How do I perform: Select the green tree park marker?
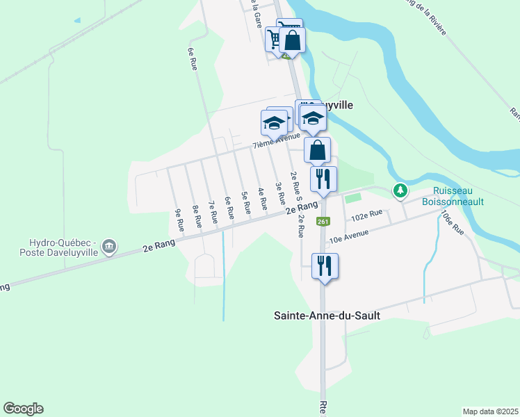coord(400,189)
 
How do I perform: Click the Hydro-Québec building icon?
coord(109,247)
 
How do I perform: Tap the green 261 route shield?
coord(323,222)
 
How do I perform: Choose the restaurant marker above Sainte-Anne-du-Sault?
coord(325,265)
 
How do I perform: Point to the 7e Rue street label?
coord(213,211)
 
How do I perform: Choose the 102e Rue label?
coord(367,216)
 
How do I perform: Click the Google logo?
coord(23,409)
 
